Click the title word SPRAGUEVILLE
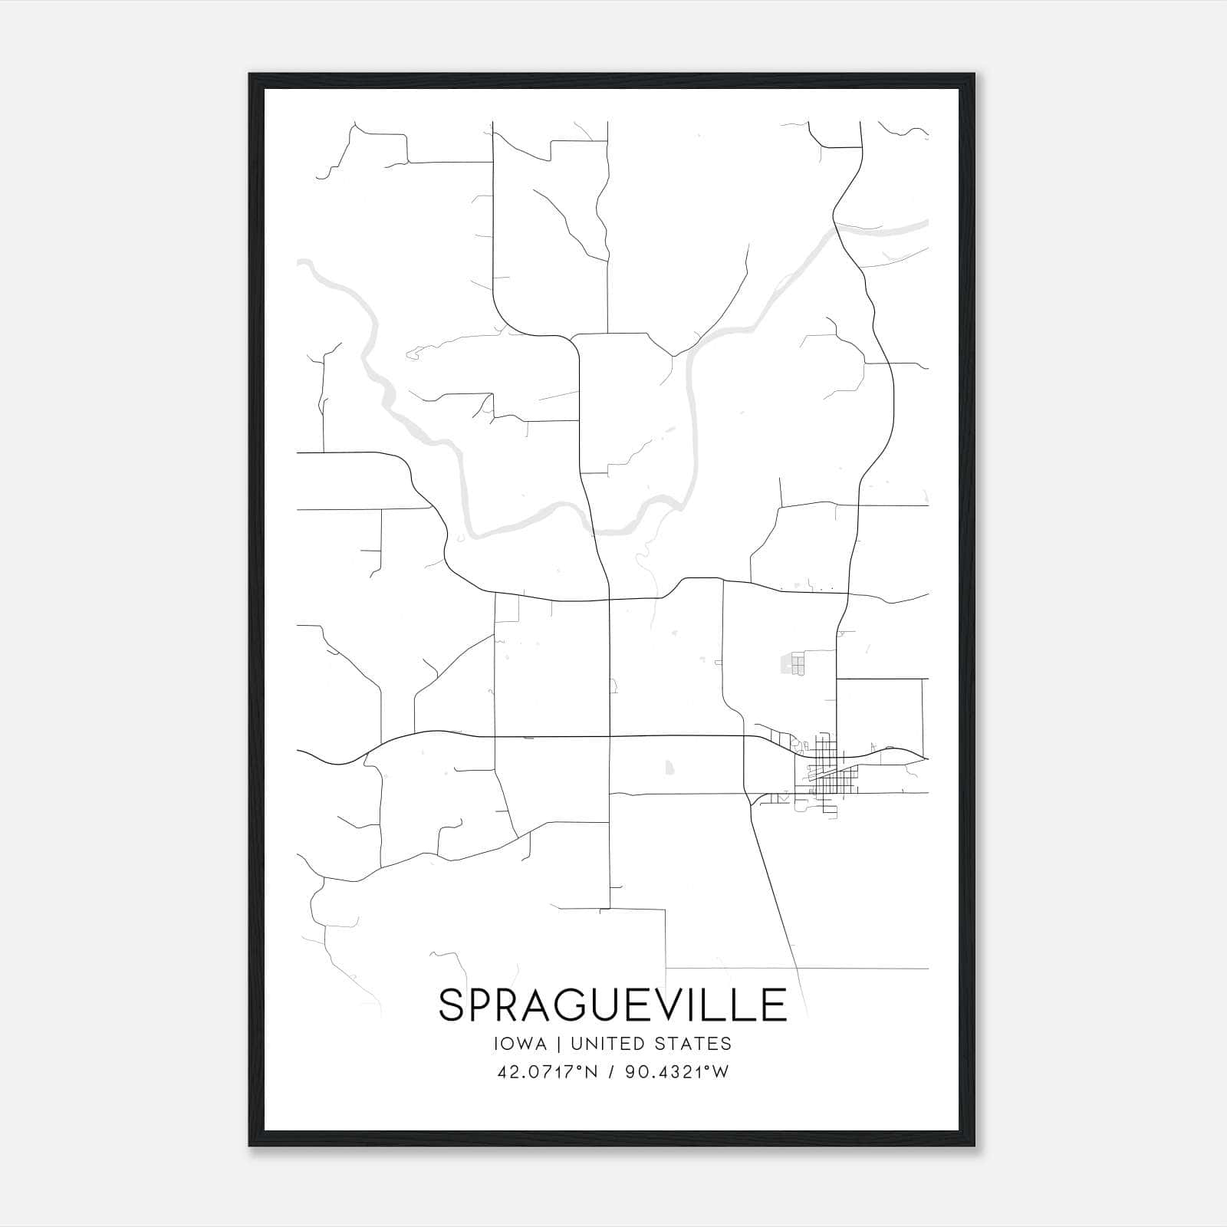[613, 1005]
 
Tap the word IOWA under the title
[521, 1044]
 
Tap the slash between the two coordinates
[611, 1072]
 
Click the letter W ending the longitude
[721, 1072]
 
